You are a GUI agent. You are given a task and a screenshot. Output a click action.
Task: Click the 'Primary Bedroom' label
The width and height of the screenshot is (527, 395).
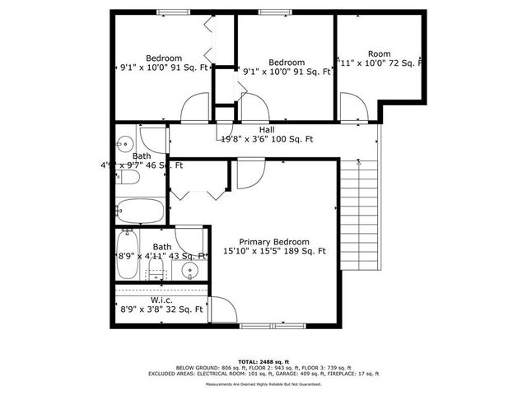(x=274, y=241)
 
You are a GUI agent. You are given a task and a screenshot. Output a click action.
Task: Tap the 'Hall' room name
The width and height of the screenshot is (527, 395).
(x=267, y=130)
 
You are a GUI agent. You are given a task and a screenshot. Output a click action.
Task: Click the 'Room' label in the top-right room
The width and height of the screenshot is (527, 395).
(x=379, y=53)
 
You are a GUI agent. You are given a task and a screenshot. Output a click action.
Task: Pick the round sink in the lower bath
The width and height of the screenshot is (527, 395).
(x=191, y=270)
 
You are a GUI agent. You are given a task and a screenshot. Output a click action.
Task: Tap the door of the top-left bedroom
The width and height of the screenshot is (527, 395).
(x=194, y=108)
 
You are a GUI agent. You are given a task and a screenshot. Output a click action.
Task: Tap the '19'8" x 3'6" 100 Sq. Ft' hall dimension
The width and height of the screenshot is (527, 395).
(x=267, y=140)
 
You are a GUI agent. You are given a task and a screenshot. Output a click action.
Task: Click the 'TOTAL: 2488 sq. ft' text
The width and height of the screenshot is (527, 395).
(x=263, y=361)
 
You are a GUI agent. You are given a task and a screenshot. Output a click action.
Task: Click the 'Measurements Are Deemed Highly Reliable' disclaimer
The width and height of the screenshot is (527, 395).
(x=263, y=384)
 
